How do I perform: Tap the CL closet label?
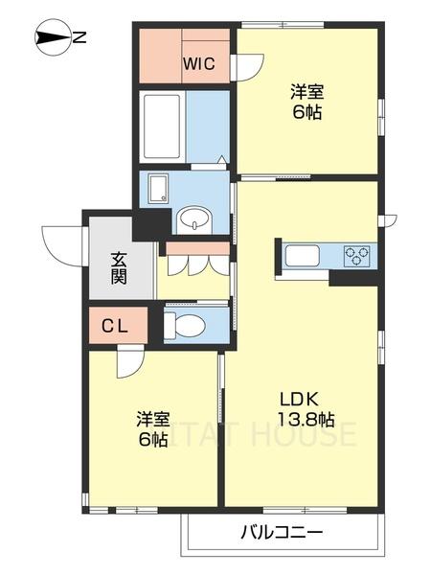[118, 326]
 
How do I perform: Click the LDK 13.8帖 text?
[306, 408]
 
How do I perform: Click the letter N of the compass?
[80, 38]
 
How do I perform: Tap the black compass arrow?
[53, 38]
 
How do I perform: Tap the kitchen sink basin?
[303, 256]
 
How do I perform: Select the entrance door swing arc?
[61, 241]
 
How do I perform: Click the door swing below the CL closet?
[128, 362]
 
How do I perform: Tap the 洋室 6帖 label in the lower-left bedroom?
[152, 429]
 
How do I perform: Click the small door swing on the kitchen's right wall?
[387, 221]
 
